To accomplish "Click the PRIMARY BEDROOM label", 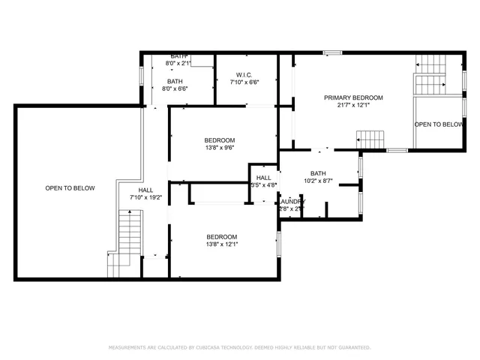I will [x=353, y=97].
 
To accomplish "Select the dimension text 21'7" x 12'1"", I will [x=353, y=105].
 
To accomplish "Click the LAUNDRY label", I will [x=292, y=201].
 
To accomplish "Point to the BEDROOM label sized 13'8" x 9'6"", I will [x=220, y=140].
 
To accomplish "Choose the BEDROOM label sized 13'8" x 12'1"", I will [x=221, y=236].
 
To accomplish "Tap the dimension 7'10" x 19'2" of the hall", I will [x=145, y=197].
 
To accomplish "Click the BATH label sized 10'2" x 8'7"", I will [x=318, y=172].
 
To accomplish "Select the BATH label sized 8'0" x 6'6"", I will [x=175, y=81].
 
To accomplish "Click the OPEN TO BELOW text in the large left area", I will [x=70, y=188].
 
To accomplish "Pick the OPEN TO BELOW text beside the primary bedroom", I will [x=438, y=124].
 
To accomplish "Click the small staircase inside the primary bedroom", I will [x=370, y=139].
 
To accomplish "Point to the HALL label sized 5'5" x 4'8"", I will [x=263, y=178].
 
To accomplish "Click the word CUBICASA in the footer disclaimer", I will [x=213, y=348].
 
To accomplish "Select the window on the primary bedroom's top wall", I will [x=332, y=52].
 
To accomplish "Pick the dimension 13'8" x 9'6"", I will [x=220, y=148].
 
